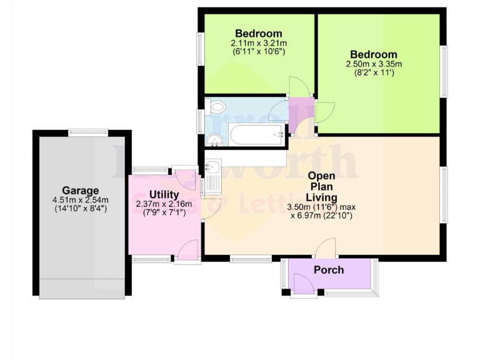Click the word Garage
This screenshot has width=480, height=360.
[80, 191]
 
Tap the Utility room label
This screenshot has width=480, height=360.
[164, 194]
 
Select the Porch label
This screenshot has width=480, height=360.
[329, 270]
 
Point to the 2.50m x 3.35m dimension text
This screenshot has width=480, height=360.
[374, 64]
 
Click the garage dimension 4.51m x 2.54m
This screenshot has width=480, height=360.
[80, 200]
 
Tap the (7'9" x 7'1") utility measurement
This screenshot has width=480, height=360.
[164, 212]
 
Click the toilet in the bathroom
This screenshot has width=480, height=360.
[216, 107]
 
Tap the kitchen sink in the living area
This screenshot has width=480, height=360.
[211, 167]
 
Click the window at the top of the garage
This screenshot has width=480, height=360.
[88, 131]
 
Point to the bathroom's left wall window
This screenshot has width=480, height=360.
[201, 119]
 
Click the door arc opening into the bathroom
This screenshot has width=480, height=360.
[277, 112]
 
